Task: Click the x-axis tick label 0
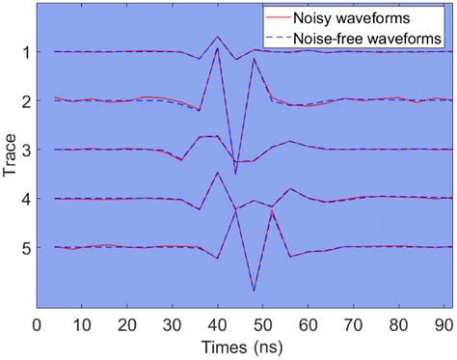pos(36,322)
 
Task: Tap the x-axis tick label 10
pos(81,322)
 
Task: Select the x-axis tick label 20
pos(126,322)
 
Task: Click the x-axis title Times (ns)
pos(240,346)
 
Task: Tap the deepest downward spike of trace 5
pos(254,291)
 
